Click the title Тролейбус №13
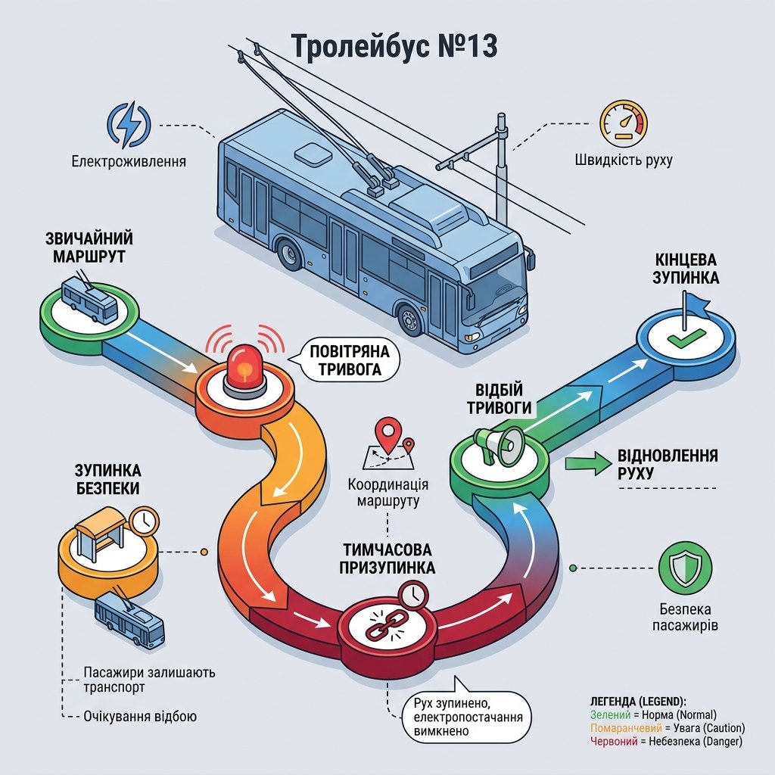[x=394, y=46]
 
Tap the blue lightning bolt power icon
[x=129, y=125]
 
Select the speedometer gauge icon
[x=624, y=123]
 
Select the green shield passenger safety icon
[x=686, y=568]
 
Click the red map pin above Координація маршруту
[x=388, y=434]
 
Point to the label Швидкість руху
[x=624, y=160]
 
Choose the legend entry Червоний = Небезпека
[x=666, y=742]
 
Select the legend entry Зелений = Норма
[x=653, y=714]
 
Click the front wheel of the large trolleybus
[x=410, y=320]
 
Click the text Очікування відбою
[x=140, y=716]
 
